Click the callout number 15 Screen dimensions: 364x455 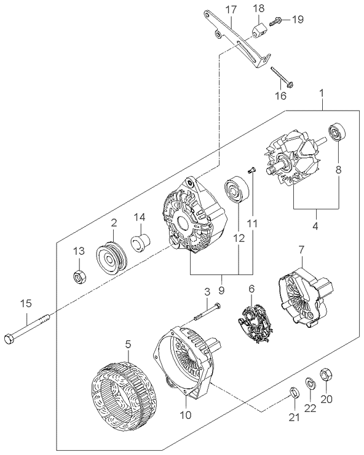coord(26,304)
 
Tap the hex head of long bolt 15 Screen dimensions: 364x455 coord(9,338)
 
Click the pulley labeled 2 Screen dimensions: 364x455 coord(111,257)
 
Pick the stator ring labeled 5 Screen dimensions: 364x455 coord(124,401)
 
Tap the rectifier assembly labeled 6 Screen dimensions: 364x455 coord(255,323)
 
